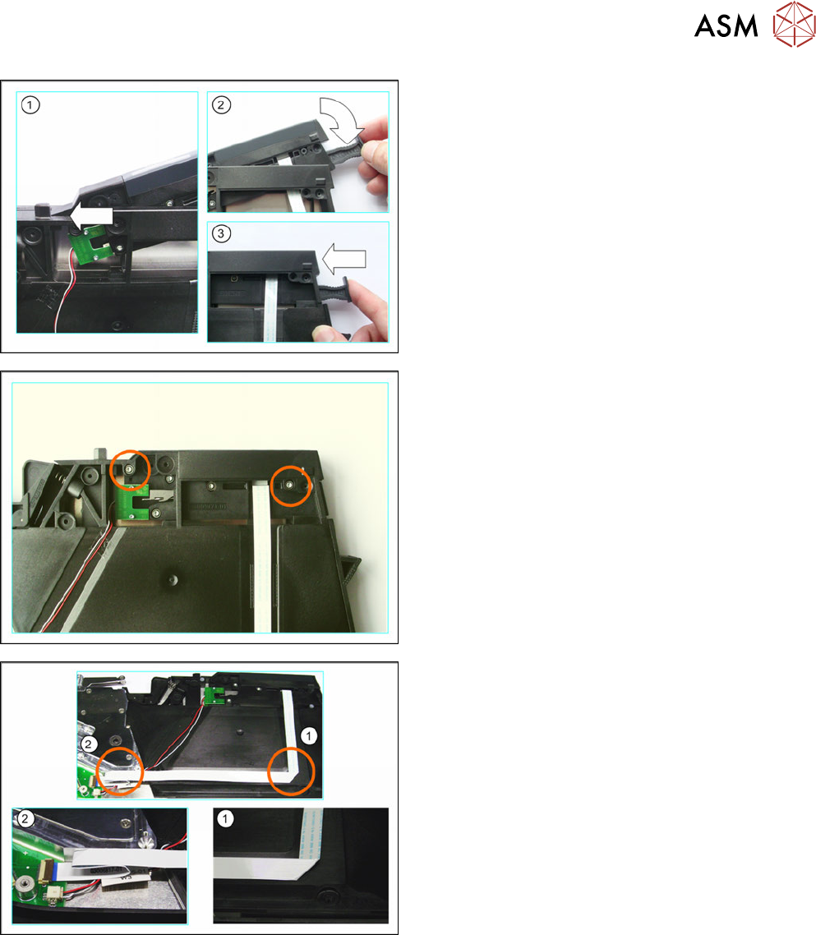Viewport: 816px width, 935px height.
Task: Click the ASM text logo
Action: [x=726, y=26]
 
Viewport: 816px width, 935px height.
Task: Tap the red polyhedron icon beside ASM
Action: [x=794, y=24]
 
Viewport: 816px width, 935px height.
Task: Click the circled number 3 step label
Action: [x=221, y=233]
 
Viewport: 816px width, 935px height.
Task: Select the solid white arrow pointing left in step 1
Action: [x=91, y=215]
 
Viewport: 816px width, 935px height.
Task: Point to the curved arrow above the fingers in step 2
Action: [x=340, y=117]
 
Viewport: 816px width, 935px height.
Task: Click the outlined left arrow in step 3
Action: [x=344, y=259]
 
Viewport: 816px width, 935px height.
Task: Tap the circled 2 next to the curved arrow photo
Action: [x=221, y=105]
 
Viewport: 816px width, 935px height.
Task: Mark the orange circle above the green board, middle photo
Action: [x=131, y=471]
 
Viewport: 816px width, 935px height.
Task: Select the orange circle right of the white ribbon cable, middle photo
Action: [x=291, y=486]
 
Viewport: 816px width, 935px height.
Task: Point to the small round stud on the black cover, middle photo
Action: [x=173, y=579]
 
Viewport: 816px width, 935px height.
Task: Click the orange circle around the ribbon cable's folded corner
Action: [x=291, y=771]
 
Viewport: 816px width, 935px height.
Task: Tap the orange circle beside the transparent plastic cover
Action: [x=119, y=771]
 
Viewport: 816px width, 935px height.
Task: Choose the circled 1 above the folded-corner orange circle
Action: [x=308, y=736]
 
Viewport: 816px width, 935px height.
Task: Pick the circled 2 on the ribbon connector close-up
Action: [x=25, y=818]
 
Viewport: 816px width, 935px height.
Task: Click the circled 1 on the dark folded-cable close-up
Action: [x=225, y=818]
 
